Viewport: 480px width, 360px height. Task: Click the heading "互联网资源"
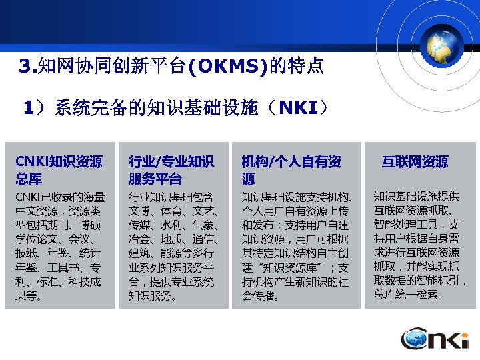pyautogui.click(x=415, y=162)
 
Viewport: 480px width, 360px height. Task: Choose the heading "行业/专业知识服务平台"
pyautogui.click(x=171, y=170)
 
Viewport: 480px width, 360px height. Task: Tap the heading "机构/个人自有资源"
pyautogui.click(x=291, y=170)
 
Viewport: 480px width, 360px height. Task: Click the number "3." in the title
pyautogui.click(x=28, y=67)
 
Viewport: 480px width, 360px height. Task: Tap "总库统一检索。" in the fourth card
pyautogui.click(x=408, y=295)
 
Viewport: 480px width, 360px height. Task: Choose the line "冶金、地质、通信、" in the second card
pyautogui.click(x=173, y=239)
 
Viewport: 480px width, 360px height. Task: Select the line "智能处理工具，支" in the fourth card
pyautogui.click(x=416, y=225)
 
